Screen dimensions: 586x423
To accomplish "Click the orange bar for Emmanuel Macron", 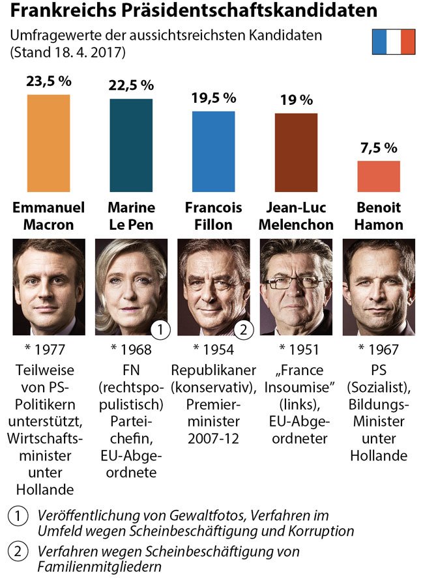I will click(x=48, y=143).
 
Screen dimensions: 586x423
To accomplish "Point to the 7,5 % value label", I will click(x=379, y=148).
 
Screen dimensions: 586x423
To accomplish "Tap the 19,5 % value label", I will click(x=213, y=98).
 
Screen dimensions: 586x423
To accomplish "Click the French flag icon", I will click(x=393, y=42).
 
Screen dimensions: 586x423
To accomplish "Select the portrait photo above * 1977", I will click(x=48, y=286).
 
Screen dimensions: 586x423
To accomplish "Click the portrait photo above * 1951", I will click(x=295, y=286).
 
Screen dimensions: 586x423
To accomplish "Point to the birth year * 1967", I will click(x=379, y=350).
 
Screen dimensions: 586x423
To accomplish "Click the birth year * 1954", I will click(x=213, y=350).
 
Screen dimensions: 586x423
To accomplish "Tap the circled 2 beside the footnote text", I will click(x=18, y=551).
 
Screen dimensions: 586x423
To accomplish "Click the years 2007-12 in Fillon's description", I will click(x=213, y=438).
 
